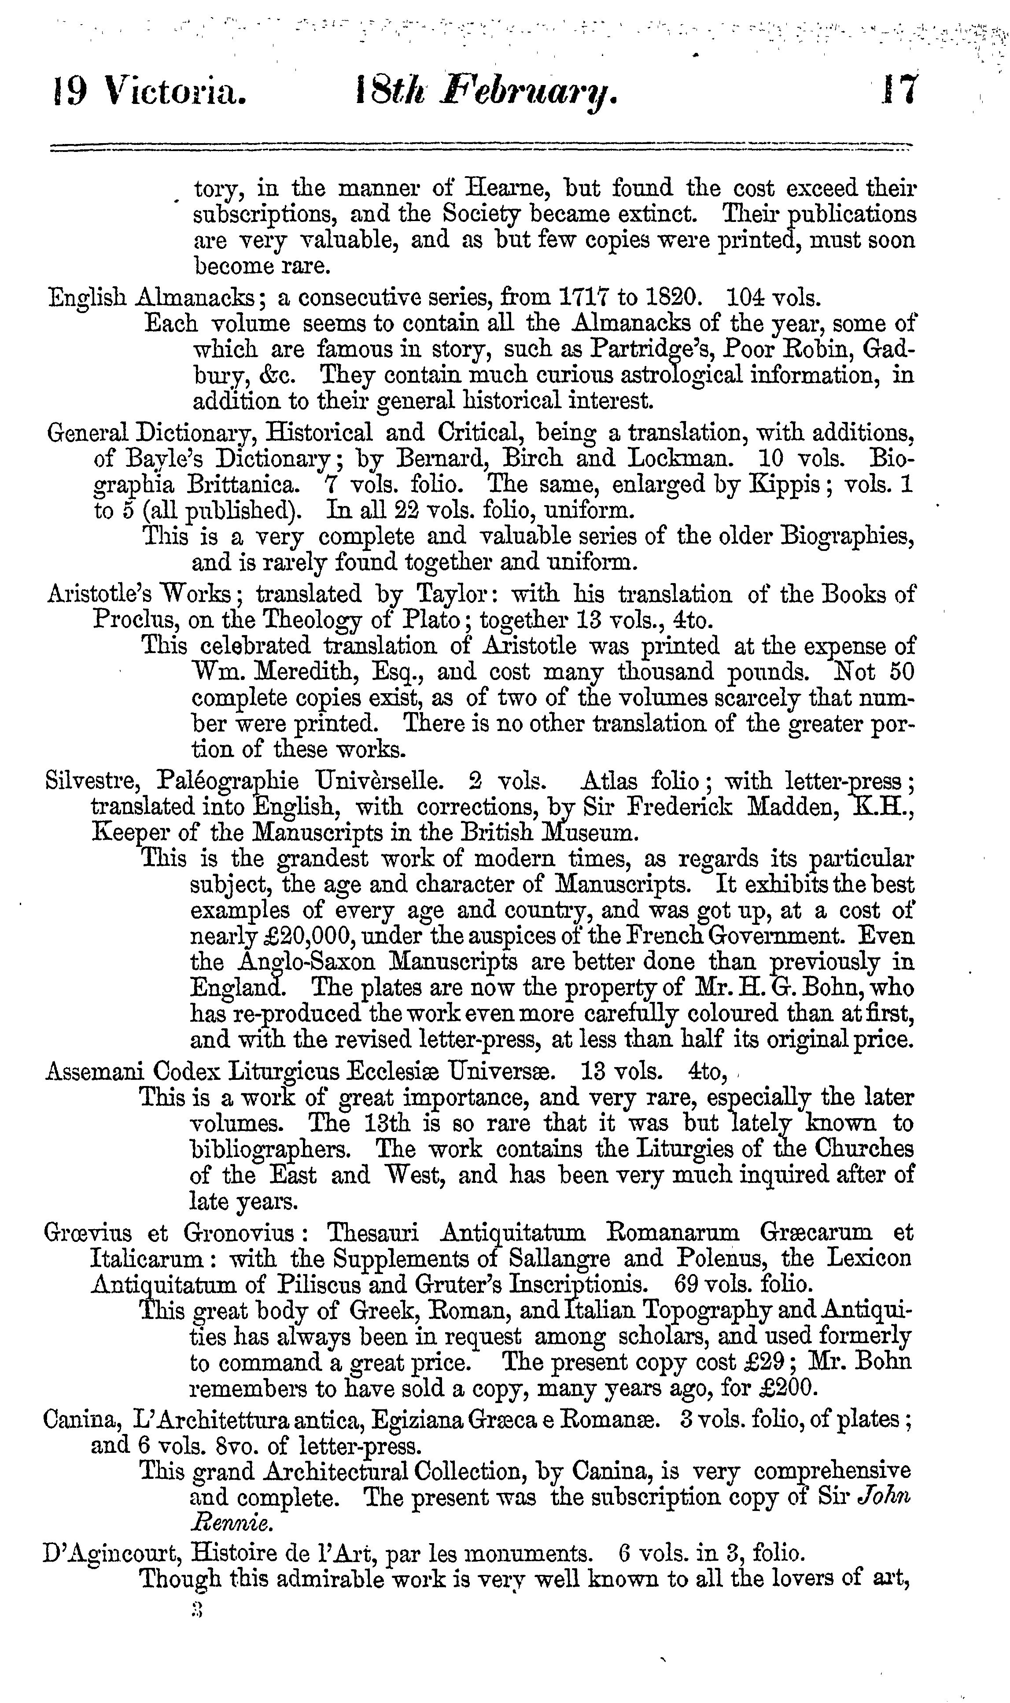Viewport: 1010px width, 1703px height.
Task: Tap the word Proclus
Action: (x=130, y=619)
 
